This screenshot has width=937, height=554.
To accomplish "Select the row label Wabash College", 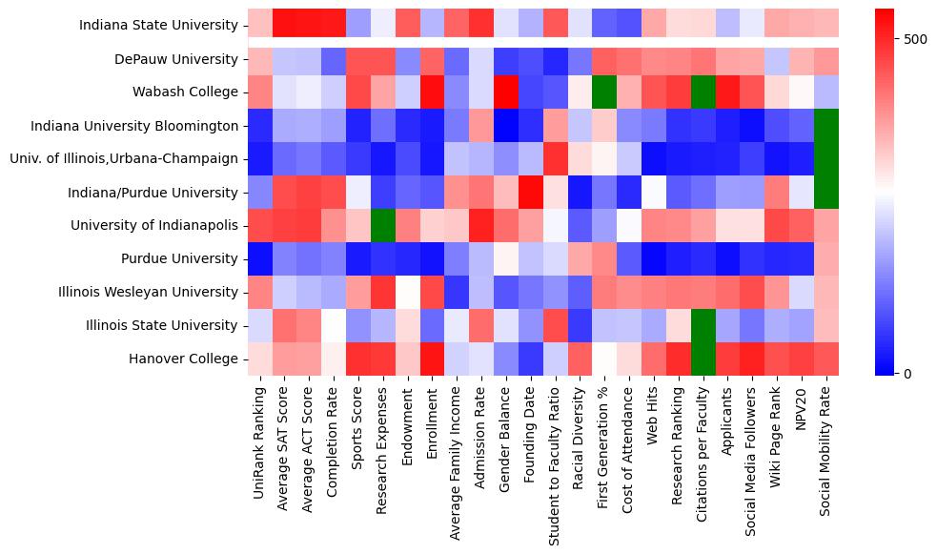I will point(186,92).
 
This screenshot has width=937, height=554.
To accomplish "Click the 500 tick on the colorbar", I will point(915,39).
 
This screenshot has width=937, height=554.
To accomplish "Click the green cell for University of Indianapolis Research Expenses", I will point(382,225).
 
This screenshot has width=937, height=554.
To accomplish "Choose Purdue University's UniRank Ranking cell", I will point(258,258).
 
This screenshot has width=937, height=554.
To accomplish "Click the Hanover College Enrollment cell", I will point(432,359).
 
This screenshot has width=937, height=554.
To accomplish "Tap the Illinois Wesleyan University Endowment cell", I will point(407,292).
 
